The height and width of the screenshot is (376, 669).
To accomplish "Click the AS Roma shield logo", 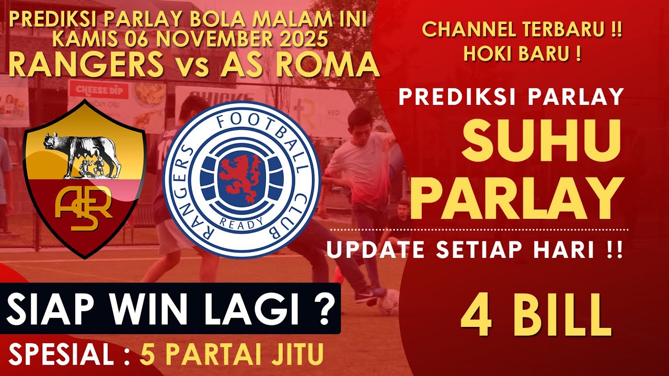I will pos(84,180).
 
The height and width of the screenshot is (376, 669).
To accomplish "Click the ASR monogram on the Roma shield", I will pos(84,209).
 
